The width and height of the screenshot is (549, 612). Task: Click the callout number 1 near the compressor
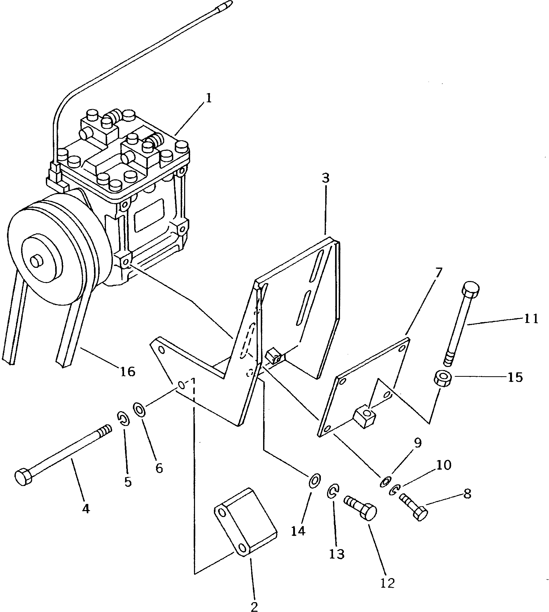pos(208,98)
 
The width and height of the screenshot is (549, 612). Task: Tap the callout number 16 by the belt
pos(128,372)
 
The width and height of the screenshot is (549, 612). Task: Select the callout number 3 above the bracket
pos(326,178)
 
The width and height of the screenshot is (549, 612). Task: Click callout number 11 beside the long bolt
pos(531,319)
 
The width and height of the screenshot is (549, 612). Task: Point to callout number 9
pos(417,443)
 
